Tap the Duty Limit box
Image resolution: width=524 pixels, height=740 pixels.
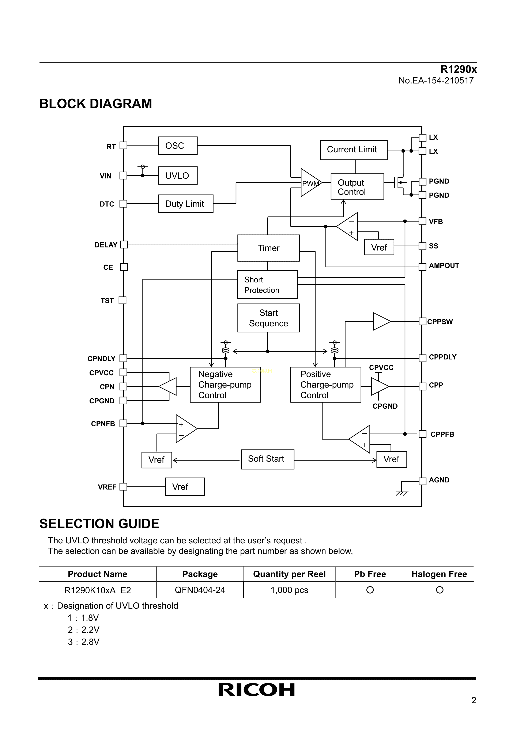185,204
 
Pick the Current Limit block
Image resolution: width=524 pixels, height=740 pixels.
353,150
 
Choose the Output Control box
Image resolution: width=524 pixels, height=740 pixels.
357,187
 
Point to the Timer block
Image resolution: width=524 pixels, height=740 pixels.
268,248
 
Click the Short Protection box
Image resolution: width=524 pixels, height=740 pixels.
267,285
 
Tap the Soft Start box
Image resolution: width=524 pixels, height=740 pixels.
267,459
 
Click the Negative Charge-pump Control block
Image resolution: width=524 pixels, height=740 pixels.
225,385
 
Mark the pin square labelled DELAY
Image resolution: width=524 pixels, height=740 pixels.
124,245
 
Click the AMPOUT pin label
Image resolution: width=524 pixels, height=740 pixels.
444,266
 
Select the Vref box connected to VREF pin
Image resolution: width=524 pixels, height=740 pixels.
185,487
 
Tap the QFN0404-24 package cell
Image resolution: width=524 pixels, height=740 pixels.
200,590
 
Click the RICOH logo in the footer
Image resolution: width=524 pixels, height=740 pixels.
257,690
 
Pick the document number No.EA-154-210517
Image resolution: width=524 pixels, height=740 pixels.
436,81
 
